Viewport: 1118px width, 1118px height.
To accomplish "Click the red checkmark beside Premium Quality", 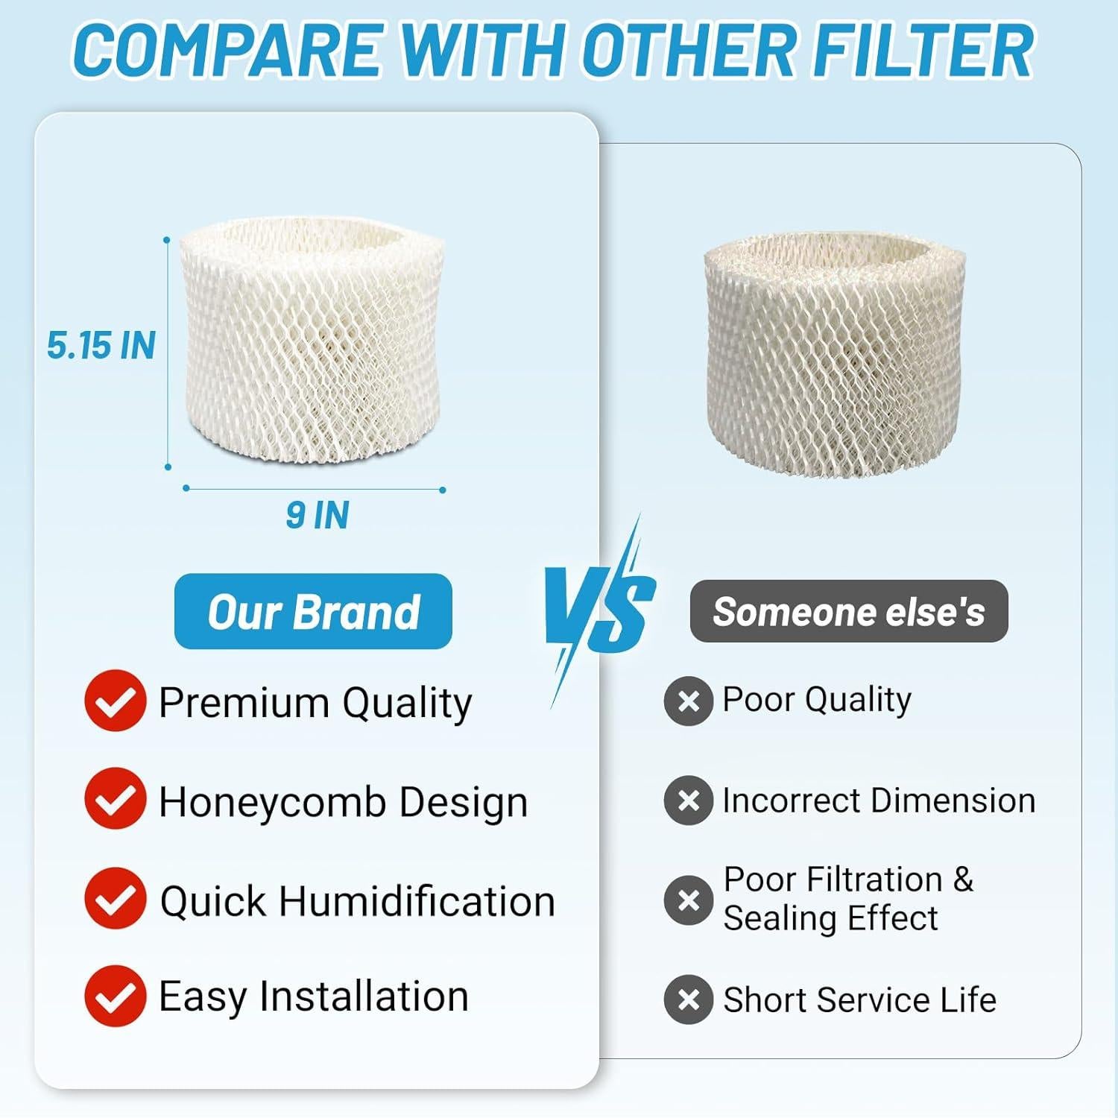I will click(115, 700).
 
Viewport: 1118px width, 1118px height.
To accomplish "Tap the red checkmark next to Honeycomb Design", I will click(115, 798).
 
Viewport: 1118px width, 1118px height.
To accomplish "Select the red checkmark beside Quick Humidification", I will click(115, 898).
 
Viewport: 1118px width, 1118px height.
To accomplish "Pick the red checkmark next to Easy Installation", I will click(115, 996).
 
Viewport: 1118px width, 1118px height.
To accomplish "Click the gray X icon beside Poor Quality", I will click(689, 701).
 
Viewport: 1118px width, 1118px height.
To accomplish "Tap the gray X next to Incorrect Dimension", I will click(689, 800).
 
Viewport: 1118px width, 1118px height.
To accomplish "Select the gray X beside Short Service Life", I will click(689, 999).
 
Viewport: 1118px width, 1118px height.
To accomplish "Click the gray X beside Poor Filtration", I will click(689, 900).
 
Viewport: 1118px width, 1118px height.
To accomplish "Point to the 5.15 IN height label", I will click(101, 346).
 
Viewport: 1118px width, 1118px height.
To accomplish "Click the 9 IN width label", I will click(318, 516).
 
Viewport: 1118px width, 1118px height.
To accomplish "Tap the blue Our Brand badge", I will click(313, 612).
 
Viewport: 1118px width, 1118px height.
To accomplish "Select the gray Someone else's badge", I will click(849, 612).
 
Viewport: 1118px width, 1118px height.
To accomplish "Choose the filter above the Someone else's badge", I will click(835, 354).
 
